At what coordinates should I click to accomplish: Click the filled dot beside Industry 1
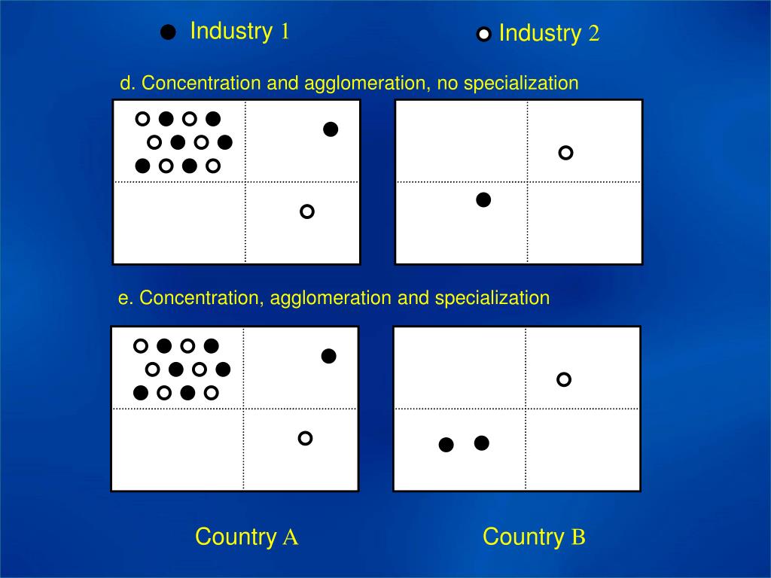(169, 32)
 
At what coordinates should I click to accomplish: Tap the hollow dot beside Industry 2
(484, 34)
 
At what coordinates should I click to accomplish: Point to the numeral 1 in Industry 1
(285, 32)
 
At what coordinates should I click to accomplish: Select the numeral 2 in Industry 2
(594, 34)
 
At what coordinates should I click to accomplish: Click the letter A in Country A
(291, 537)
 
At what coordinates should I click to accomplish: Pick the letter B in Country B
(578, 537)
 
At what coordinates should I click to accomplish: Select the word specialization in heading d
(521, 83)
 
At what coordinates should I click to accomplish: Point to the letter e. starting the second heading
(126, 298)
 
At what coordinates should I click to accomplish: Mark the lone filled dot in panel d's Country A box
(331, 129)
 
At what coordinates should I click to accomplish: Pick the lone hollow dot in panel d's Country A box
(306, 211)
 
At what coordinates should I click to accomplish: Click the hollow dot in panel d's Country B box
(565, 153)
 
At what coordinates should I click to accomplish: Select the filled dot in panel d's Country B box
(484, 199)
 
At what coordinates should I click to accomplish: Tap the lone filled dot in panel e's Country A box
(328, 356)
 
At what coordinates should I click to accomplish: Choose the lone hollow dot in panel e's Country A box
(305, 438)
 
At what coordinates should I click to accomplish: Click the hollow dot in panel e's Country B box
(564, 379)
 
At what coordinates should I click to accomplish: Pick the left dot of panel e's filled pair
(446, 445)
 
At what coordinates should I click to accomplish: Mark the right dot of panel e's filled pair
(482, 443)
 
